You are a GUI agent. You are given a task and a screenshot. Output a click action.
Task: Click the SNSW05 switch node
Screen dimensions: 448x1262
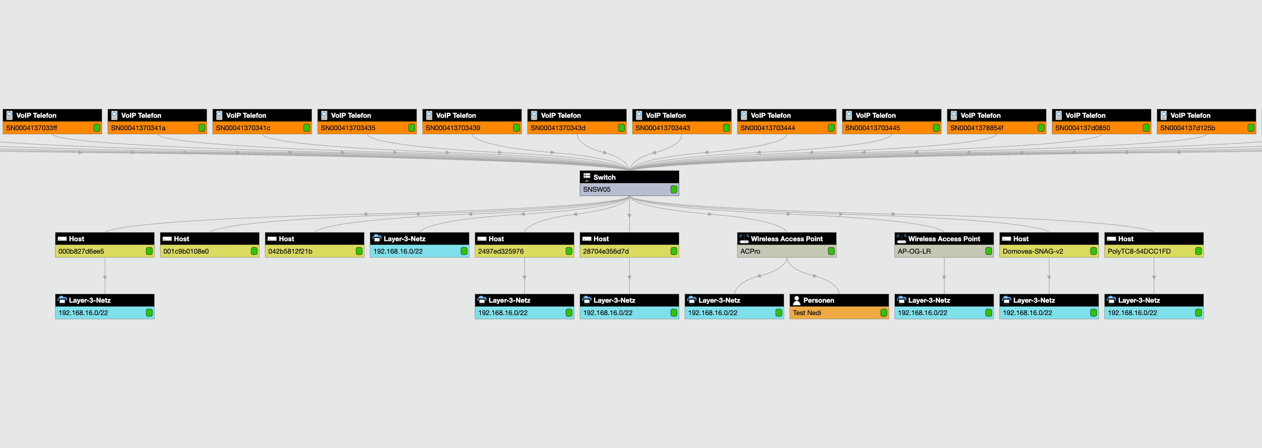pyautogui.click(x=628, y=184)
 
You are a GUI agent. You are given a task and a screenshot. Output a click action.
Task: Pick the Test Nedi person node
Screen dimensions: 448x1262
pyautogui.click(x=839, y=307)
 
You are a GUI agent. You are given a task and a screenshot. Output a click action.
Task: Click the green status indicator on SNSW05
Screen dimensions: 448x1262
pyautogui.click(x=674, y=190)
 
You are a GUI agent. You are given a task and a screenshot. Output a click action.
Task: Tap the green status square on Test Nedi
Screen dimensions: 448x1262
pyautogui.click(x=883, y=313)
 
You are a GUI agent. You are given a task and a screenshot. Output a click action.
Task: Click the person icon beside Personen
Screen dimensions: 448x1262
pyautogui.click(x=797, y=300)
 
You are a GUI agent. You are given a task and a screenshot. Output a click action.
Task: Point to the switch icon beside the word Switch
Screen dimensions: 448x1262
pyautogui.click(x=586, y=177)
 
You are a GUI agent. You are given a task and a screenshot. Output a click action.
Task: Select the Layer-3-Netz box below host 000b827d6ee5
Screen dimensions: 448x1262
pyautogui.click(x=104, y=307)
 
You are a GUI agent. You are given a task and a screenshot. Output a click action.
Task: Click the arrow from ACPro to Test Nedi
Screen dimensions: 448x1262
pyautogui.click(x=814, y=276)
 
